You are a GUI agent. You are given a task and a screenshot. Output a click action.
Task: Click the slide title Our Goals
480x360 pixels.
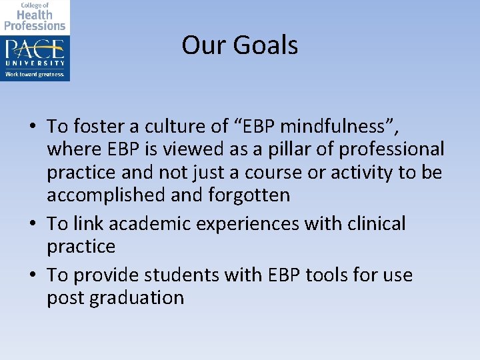pyautogui.click(x=239, y=45)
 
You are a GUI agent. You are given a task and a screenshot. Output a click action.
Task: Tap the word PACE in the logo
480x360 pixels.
pyautogui.click(x=35, y=49)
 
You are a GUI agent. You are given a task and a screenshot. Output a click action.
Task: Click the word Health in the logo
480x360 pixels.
pyautogui.click(x=35, y=15)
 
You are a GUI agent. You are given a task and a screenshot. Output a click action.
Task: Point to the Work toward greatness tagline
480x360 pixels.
pyautogui.click(x=35, y=74)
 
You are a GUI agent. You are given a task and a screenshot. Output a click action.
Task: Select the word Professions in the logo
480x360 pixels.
pyautogui.click(x=35, y=25)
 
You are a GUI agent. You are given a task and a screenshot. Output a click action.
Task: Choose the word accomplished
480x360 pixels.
pyautogui.click(x=107, y=195)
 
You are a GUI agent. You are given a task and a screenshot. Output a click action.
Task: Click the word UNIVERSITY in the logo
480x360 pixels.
pyautogui.click(x=35, y=63)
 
